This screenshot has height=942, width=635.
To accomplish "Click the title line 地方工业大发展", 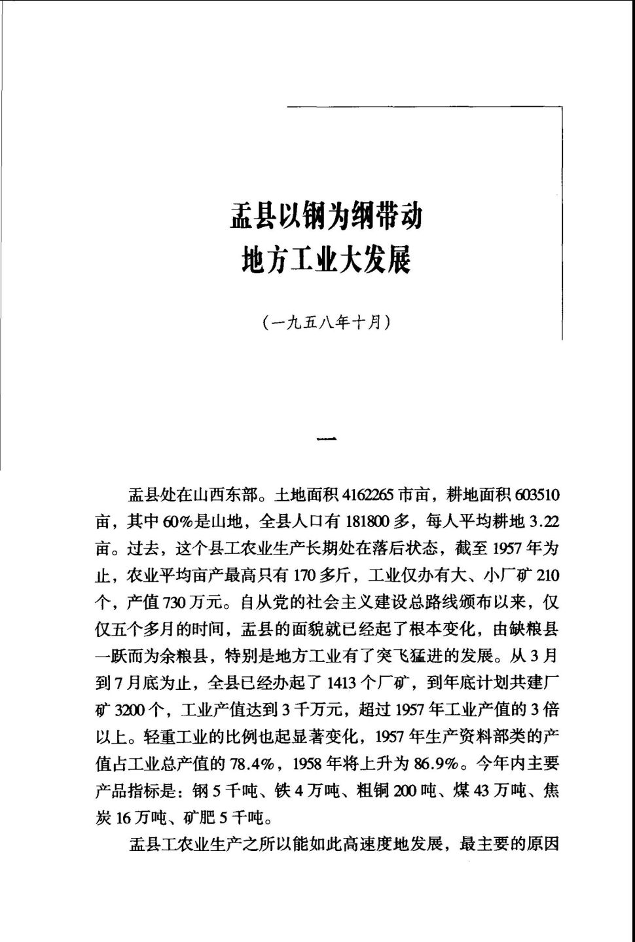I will point(325,259).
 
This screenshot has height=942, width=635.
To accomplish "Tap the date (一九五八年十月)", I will point(325,322).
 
